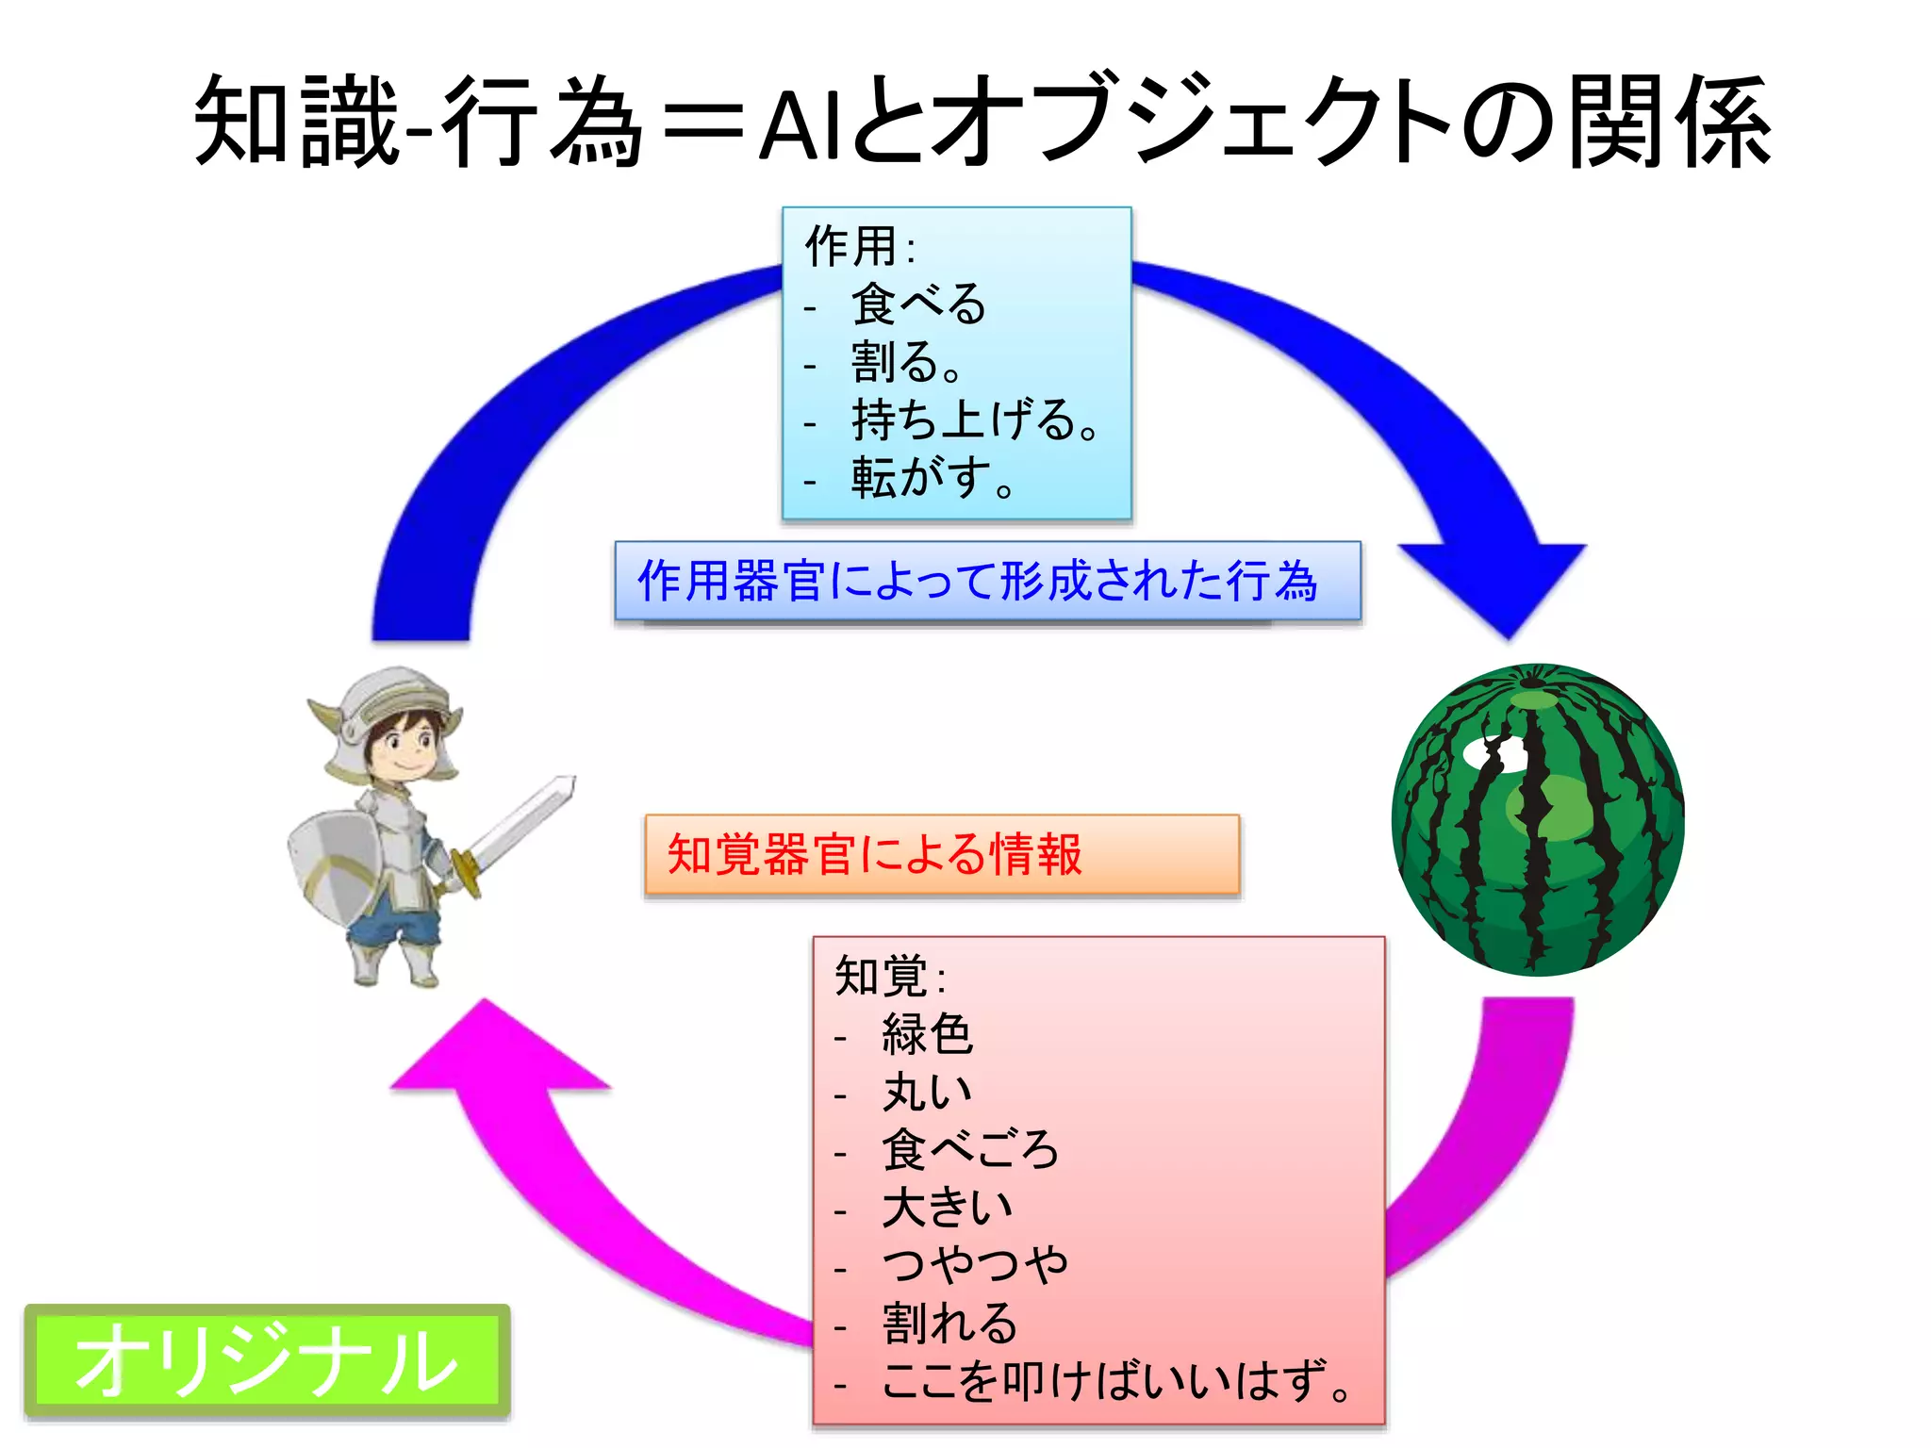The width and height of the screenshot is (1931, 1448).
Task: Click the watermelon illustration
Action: (x=1537, y=820)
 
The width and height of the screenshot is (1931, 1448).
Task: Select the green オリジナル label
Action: (x=267, y=1360)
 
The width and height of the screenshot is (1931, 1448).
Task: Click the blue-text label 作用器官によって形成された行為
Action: (x=978, y=581)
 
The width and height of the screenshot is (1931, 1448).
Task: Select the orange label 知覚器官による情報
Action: (x=874, y=855)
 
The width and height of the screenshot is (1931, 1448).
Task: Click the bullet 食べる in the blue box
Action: (x=918, y=304)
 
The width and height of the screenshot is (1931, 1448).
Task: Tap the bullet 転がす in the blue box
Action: (x=931, y=478)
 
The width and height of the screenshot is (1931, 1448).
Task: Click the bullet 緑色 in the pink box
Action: (x=927, y=1034)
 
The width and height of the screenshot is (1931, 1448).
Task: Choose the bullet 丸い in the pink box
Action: (x=927, y=1093)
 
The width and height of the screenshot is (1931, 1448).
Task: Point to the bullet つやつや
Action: (x=975, y=1266)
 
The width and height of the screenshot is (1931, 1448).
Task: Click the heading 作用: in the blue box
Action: (x=859, y=246)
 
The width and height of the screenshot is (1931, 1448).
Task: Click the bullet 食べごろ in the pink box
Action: (x=969, y=1150)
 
